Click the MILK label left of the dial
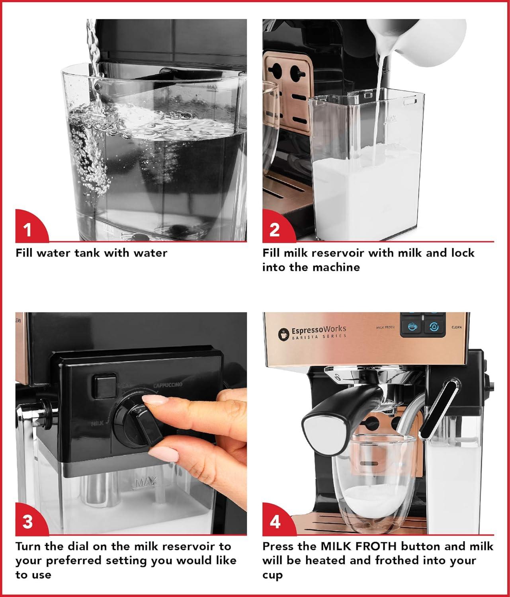98,423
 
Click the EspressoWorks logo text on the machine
319,330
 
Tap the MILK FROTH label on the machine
385,327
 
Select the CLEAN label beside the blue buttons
456,327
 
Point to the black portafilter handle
338,410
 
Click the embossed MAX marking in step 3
146,483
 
